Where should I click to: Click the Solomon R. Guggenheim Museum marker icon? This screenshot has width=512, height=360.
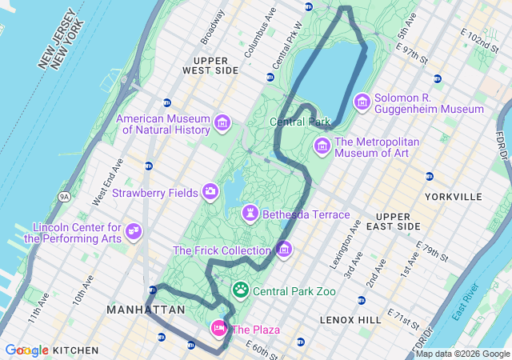pyautogui.click(x=362, y=102)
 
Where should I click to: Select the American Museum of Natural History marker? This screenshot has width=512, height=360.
pyautogui.click(x=222, y=124)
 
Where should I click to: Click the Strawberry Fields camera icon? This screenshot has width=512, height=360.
pyautogui.click(x=210, y=192)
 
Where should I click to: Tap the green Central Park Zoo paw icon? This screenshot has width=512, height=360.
pyautogui.click(x=240, y=290)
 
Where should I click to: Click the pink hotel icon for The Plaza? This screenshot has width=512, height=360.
pyautogui.click(x=218, y=329)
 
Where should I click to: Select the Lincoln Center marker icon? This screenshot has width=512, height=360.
pyautogui.click(x=134, y=233)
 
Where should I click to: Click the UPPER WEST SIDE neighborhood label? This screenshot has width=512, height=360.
pyautogui.click(x=210, y=65)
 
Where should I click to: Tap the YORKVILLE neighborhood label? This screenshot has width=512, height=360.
pyautogui.click(x=455, y=196)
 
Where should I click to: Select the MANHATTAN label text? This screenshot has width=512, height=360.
pyautogui.click(x=146, y=309)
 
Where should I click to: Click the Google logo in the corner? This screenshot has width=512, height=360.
pyautogui.click(x=26, y=350)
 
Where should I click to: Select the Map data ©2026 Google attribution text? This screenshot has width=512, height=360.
pyautogui.click(x=462, y=354)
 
